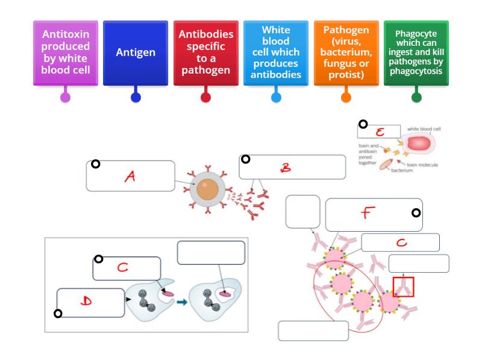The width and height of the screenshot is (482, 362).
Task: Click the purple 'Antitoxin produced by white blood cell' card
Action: (65, 52)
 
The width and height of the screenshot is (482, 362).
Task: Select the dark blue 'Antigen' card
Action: (136, 52)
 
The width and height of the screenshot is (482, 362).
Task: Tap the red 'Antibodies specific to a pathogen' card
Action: (205, 52)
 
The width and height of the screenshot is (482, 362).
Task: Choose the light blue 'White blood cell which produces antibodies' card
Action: (276, 52)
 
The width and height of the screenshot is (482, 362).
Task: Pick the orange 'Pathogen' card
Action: (346, 52)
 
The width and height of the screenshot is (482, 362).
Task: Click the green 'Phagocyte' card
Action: (416, 52)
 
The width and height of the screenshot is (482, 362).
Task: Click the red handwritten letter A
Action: (130, 176)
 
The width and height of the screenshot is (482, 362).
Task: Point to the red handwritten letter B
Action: (286, 169)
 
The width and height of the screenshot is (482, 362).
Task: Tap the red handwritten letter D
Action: (86, 301)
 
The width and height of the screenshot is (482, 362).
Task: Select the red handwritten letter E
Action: (380, 132)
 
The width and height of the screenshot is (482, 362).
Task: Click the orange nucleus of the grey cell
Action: (207, 189)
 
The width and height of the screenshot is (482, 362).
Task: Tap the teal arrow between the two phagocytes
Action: (181, 301)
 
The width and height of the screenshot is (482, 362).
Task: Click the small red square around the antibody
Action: (403, 287)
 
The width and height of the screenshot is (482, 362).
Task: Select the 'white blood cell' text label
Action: (424, 129)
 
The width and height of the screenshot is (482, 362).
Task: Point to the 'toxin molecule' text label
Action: (422, 165)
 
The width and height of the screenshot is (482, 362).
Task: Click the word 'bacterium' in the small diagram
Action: (401, 170)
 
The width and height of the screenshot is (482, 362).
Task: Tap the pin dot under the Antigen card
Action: (136, 97)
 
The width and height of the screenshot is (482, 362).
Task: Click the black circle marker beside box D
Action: (58, 313)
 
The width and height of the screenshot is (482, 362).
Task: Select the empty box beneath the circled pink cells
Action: (313, 331)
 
